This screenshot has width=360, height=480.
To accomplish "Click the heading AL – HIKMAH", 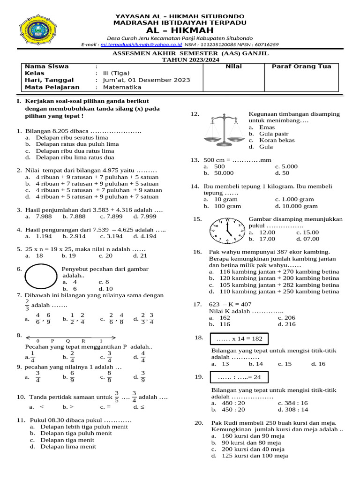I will click(180, 30).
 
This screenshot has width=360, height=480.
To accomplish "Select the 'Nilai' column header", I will click(233, 67).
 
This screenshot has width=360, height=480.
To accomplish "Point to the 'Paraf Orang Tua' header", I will click(301, 67).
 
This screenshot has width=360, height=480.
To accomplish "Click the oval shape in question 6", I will click(41, 277).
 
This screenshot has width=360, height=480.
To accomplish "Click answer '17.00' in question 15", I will click(267, 239).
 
